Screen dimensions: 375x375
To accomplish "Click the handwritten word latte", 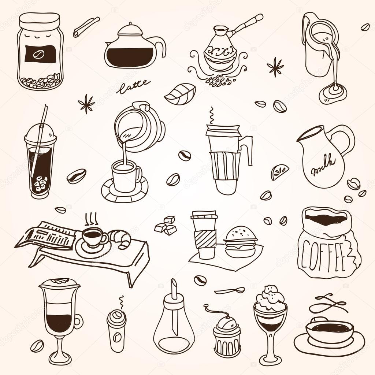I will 132,86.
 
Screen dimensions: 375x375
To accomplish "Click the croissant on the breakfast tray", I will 120,239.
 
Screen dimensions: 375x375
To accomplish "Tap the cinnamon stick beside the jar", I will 86,26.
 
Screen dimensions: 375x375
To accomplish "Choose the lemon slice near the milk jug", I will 279,172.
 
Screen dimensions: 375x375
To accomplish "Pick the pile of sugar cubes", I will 165,226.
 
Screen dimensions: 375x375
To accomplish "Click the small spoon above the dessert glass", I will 230,291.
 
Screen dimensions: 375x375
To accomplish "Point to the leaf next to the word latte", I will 180,93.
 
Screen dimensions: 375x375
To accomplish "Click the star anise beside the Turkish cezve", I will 275,67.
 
